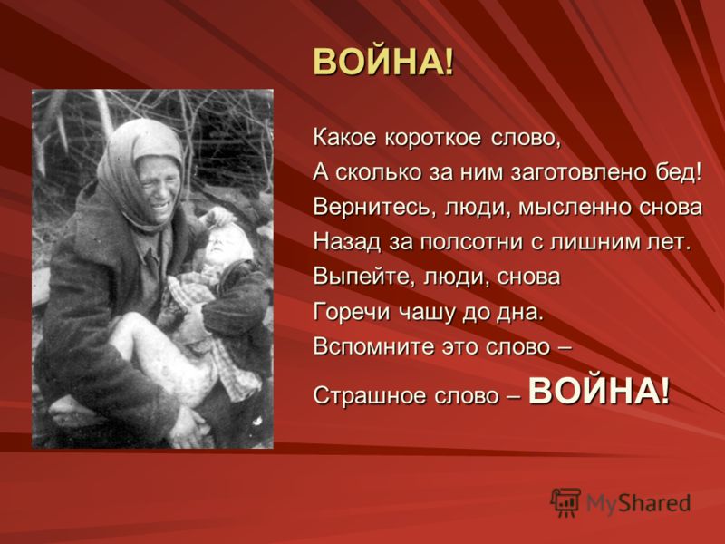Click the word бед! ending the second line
pyautogui.click(x=679, y=171)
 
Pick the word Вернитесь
pyautogui.click(x=374, y=208)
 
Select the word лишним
pyautogui.click(x=593, y=241)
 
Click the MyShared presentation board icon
pyautogui.click(x=565, y=502)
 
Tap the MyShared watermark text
pyautogui.click(x=639, y=503)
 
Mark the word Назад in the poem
pyautogui.click(x=347, y=241)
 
